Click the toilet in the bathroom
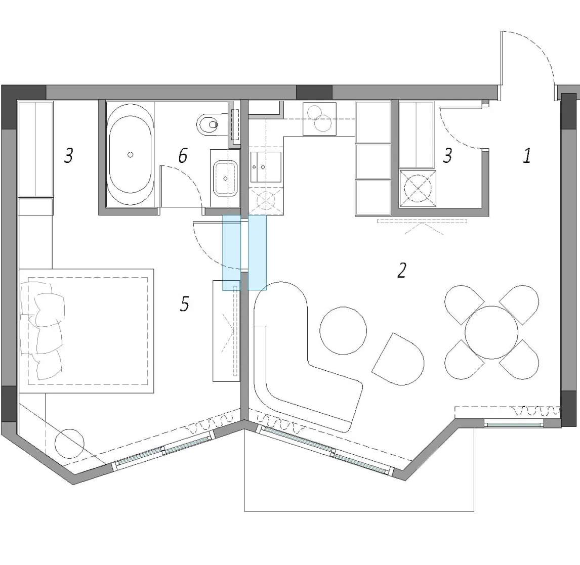(x=208, y=124)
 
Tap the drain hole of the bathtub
(x=130, y=155)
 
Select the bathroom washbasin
(x=225, y=178)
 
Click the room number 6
(x=183, y=155)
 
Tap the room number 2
(x=402, y=270)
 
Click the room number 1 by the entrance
(x=527, y=155)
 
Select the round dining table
(x=491, y=332)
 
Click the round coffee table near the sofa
(x=343, y=330)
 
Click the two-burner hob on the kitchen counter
(x=319, y=118)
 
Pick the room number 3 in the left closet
(x=69, y=155)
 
